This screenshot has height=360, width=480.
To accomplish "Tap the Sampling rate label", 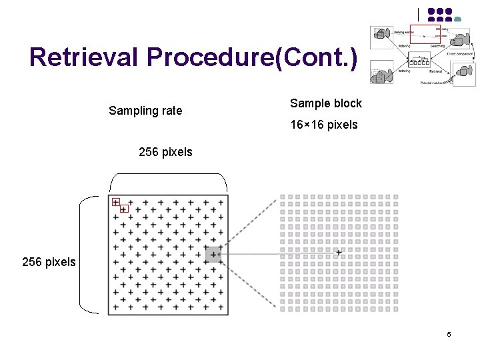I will pos(145,111).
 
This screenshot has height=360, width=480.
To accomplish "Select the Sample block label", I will pos(325,103).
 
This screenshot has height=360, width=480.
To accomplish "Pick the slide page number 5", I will pos(449,333).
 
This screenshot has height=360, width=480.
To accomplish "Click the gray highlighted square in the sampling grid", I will pos(213,254).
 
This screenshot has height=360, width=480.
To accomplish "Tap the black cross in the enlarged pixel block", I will pos(339,253).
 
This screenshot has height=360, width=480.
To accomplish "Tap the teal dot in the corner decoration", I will pos(458,19).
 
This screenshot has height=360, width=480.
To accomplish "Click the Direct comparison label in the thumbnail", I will pos(461,54).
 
